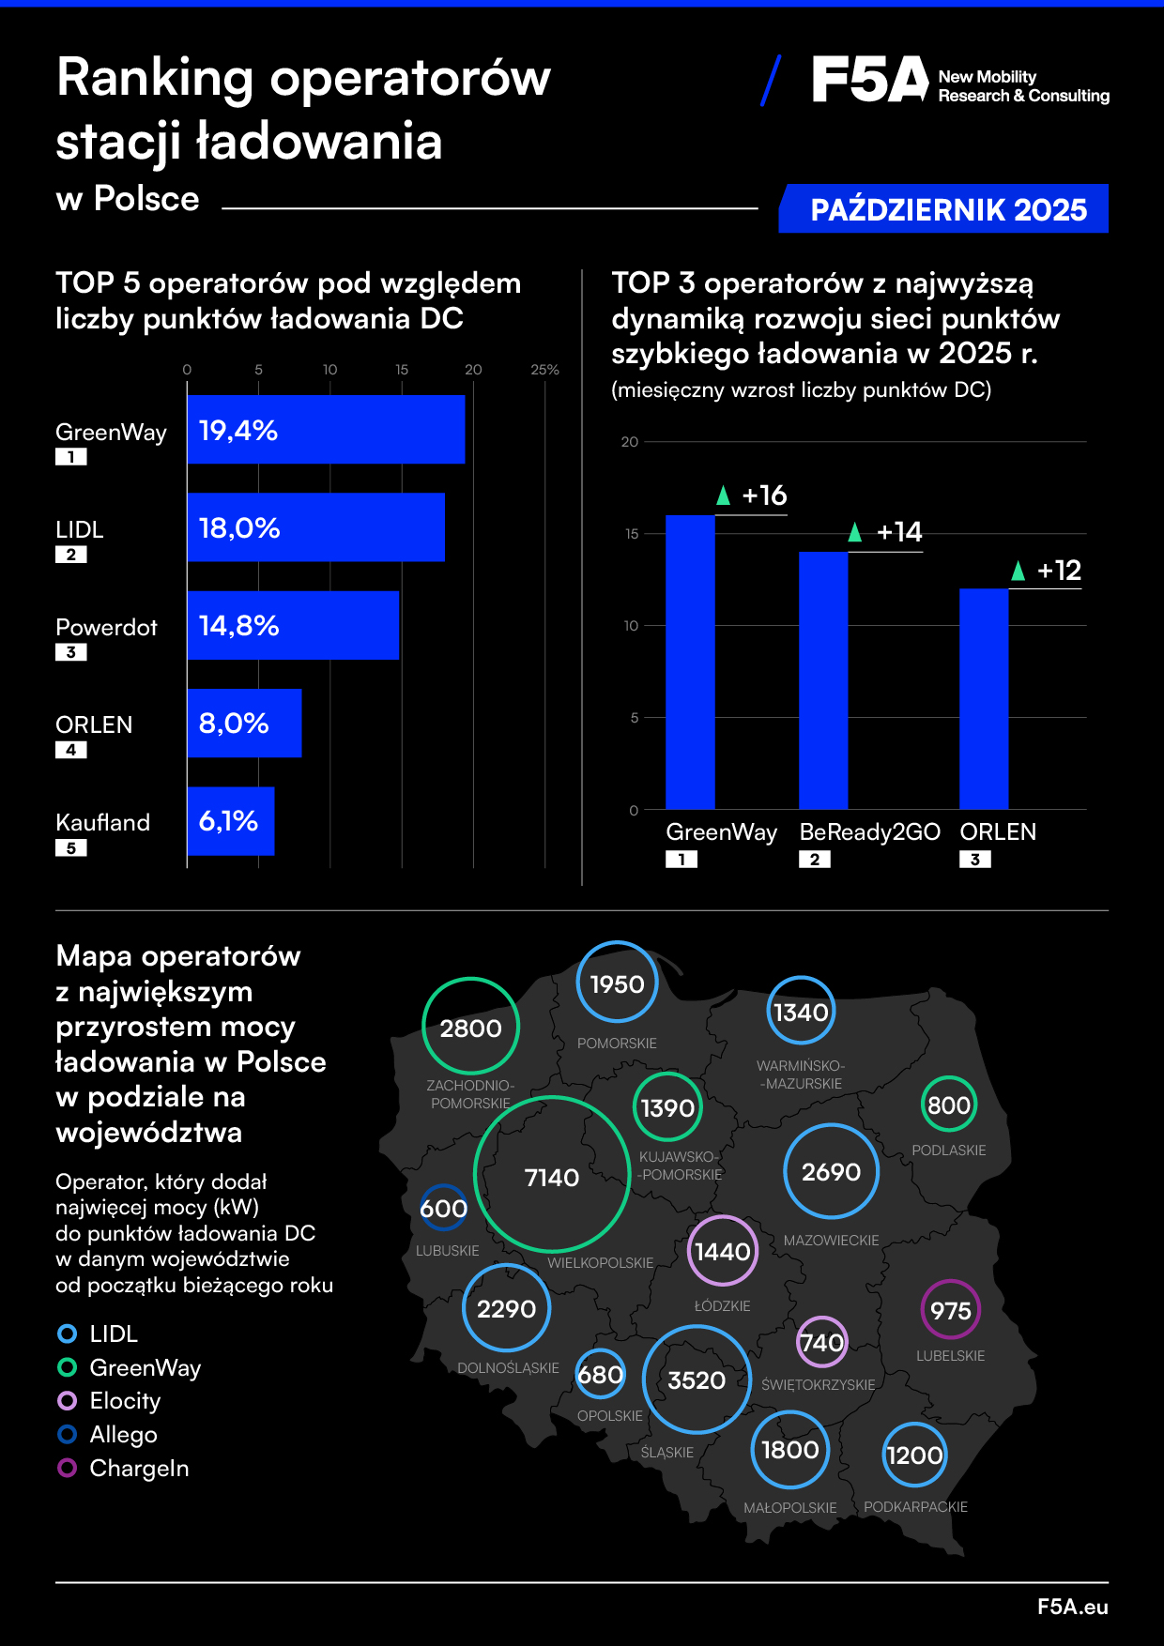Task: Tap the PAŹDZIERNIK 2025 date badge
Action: coord(947,209)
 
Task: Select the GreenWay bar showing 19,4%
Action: coord(326,430)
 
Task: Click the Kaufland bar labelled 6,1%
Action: coord(231,821)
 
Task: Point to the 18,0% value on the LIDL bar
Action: coord(239,528)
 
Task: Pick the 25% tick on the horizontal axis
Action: coord(544,370)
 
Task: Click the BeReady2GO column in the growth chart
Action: coord(823,680)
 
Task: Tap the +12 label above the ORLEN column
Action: coord(1059,571)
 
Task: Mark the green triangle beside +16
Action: coord(723,495)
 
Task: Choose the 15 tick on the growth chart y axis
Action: coord(632,534)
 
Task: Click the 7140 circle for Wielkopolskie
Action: coord(552,1175)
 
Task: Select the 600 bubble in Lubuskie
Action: coord(443,1209)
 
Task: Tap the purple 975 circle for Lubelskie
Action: coord(950,1310)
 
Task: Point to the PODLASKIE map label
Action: coord(949,1151)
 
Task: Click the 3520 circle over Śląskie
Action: coord(697,1379)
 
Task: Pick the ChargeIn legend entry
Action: coord(139,1469)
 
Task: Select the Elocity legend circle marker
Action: coord(68,1401)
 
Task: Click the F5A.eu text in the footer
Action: coord(1072,1607)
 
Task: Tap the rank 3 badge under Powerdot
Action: coord(71,652)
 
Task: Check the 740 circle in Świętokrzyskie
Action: coord(821,1343)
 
